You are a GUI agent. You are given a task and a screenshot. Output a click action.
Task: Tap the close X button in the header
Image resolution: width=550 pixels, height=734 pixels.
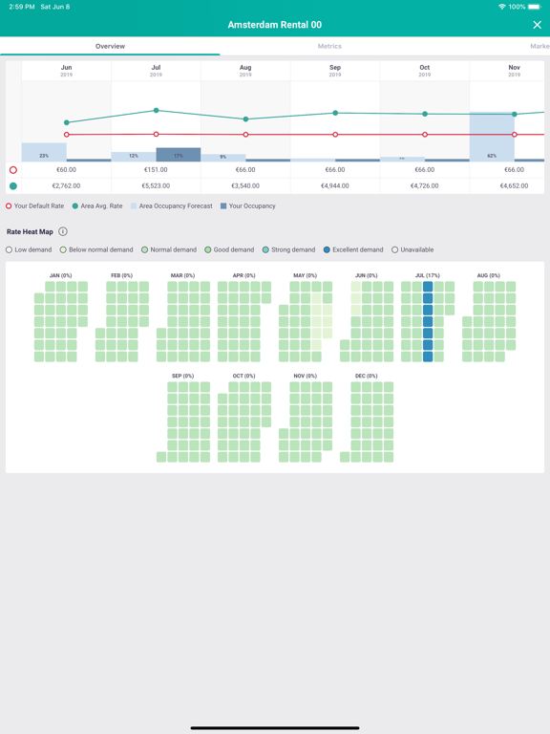click(537, 25)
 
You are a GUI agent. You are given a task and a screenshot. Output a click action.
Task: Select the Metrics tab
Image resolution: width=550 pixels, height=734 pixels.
click(329, 46)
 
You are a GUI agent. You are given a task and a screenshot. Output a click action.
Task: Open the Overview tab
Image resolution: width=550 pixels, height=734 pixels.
click(110, 46)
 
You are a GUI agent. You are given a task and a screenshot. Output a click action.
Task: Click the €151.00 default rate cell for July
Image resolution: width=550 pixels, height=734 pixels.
click(156, 170)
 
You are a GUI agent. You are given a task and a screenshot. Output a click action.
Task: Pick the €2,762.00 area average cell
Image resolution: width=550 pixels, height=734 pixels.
click(66, 186)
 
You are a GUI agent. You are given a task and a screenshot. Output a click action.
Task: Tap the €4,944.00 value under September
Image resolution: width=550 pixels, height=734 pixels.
click(335, 186)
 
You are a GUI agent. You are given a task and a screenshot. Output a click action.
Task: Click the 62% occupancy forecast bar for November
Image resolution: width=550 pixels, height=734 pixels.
click(492, 138)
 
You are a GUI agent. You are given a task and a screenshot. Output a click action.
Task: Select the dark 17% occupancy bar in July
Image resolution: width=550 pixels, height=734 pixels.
click(179, 155)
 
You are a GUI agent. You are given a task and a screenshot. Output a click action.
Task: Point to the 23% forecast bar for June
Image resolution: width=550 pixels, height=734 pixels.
click(44, 153)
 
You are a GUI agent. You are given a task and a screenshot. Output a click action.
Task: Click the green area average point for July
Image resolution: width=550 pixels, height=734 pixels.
click(157, 111)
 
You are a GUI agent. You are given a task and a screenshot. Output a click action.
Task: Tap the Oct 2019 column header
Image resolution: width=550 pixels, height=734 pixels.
click(425, 71)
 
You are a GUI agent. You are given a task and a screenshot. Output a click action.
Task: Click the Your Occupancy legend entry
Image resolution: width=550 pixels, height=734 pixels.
click(248, 206)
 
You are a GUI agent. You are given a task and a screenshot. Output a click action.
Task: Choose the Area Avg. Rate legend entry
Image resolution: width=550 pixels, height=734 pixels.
click(97, 206)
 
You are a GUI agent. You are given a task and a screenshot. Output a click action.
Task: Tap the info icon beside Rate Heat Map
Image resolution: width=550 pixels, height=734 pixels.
click(63, 231)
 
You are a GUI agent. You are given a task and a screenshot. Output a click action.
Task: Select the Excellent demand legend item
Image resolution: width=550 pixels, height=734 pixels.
click(352, 250)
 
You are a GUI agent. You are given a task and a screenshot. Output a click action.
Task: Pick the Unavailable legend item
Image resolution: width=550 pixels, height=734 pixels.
click(415, 250)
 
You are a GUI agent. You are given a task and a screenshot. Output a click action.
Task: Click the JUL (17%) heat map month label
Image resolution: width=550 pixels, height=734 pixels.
click(427, 275)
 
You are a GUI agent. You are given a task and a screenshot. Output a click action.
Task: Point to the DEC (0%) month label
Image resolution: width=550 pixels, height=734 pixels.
click(366, 377)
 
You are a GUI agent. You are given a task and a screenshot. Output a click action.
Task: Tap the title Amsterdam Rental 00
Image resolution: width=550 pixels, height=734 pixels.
click(275, 25)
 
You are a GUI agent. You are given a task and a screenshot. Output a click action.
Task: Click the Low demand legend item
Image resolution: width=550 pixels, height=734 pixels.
click(30, 250)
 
